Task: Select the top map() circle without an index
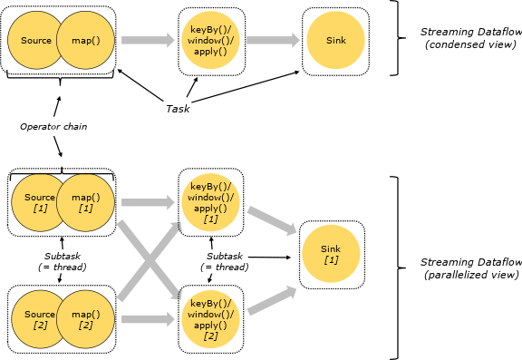pyautogui.click(x=85, y=40)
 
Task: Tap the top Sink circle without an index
pyautogui.click(x=335, y=40)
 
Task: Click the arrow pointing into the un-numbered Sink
pyautogui.click(x=273, y=40)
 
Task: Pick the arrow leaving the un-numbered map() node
pyautogui.click(x=148, y=40)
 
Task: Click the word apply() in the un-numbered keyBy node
pyautogui.click(x=210, y=53)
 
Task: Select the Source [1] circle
pyautogui.click(x=34, y=202)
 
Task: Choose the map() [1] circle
pyautogui.click(x=85, y=202)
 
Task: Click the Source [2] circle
pyautogui.click(x=34, y=319)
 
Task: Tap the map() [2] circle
pyautogui.click(x=85, y=319)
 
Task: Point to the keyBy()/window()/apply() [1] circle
pyautogui.click(x=210, y=202)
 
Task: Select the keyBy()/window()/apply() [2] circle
pyautogui.click(x=210, y=319)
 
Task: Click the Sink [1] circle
pyautogui.click(x=331, y=254)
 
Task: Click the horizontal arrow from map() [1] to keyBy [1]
pyautogui.click(x=148, y=202)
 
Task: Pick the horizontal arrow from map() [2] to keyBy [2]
pyautogui.click(x=148, y=319)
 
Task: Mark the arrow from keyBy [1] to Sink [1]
pyautogui.click(x=272, y=221)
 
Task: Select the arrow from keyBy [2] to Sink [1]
pyautogui.click(x=272, y=301)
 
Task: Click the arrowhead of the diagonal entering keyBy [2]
pyautogui.click(x=178, y=295)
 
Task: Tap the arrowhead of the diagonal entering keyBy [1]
pyautogui.click(x=178, y=225)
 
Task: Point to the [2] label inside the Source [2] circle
pyautogui.click(x=40, y=326)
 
